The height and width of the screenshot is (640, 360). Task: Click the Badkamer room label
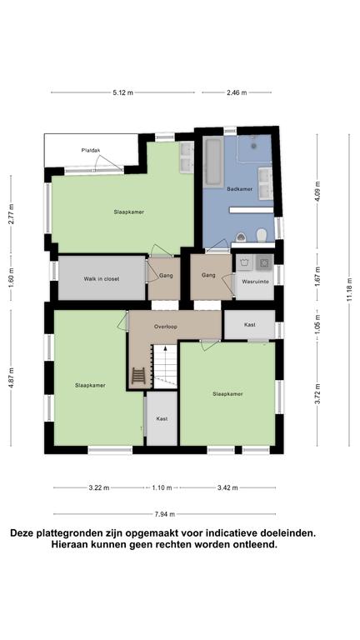pos(240,190)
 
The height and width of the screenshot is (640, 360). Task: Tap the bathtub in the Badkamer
pos(213,162)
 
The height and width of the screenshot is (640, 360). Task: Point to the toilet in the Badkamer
pos(262,234)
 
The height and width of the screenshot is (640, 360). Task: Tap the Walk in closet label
pos(102,279)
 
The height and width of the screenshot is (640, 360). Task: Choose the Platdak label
pos(91,150)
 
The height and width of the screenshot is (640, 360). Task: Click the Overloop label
pos(165,327)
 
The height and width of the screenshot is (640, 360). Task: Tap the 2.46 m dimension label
pos(237,92)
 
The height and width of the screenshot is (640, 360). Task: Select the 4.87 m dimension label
pos(11,381)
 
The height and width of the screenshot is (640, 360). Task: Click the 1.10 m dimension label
pos(162,488)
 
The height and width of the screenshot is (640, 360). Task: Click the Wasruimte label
pos(254,282)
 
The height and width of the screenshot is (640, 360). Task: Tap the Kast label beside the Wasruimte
pos(250,324)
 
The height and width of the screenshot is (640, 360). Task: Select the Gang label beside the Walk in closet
pos(166,275)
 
